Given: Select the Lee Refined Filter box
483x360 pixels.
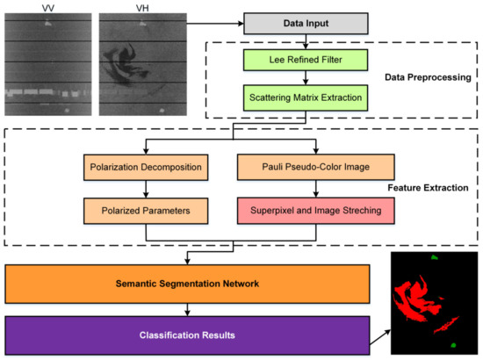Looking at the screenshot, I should (x=305, y=61).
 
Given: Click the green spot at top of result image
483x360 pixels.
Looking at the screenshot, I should (x=434, y=257).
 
